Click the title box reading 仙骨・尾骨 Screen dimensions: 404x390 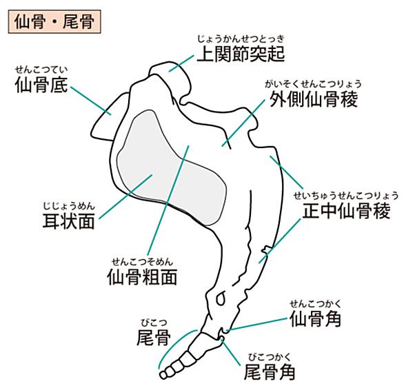click(x=54, y=21)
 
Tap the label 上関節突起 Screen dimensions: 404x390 click(x=241, y=54)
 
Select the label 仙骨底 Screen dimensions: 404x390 click(x=41, y=85)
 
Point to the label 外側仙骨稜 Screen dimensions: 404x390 click(x=314, y=99)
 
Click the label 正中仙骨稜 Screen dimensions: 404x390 click(x=346, y=210)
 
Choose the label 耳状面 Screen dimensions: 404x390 click(x=68, y=221)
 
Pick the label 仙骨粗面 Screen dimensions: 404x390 click(x=142, y=277)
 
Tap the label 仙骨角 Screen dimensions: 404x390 click(x=315, y=318)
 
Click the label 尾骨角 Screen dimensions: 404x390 click(x=270, y=371)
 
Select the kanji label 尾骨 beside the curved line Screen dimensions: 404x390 click(x=154, y=337)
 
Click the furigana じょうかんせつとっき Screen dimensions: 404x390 click(x=241, y=39)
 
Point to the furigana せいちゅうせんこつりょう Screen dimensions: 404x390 click(x=346, y=196)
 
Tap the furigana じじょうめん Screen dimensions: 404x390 click(x=69, y=206)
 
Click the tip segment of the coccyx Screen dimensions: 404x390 click(x=163, y=375)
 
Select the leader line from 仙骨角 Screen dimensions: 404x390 click(x=257, y=324)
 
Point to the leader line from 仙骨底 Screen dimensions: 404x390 click(x=91, y=101)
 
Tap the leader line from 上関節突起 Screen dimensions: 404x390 click(x=181, y=63)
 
